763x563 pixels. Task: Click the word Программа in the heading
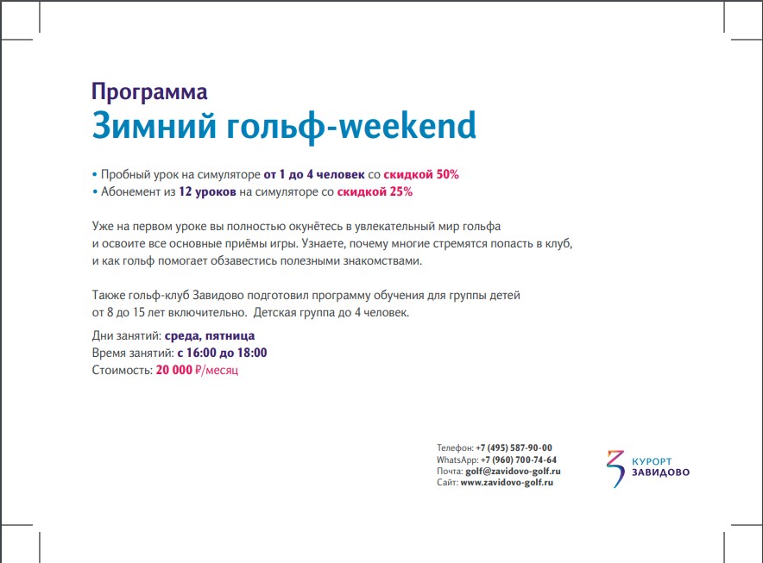click(x=149, y=92)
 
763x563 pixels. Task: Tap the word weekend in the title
click(x=407, y=125)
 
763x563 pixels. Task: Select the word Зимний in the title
click(x=154, y=125)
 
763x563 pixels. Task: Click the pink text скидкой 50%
click(x=421, y=174)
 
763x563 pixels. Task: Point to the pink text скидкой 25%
click(x=375, y=192)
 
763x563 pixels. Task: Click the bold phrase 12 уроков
click(x=207, y=192)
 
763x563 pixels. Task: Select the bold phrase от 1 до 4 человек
click(x=314, y=174)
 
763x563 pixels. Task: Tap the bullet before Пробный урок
click(x=94, y=174)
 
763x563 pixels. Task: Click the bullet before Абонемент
click(x=94, y=192)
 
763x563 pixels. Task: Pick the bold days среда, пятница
click(x=210, y=336)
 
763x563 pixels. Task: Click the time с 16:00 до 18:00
click(x=222, y=353)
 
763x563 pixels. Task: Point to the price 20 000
click(x=174, y=371)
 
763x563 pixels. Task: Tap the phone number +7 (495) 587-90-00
click(x=514, y=447)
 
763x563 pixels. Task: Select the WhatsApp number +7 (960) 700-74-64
click(x=519, y=460)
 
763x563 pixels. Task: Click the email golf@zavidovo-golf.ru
click(x=513, y=472)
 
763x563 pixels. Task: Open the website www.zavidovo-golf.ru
click(x=507, y=483)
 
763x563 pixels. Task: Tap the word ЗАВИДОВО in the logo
click(x=661, y=472)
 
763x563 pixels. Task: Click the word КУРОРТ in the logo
click(x=652, y=461)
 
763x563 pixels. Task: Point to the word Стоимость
click(x=123, y=371)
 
